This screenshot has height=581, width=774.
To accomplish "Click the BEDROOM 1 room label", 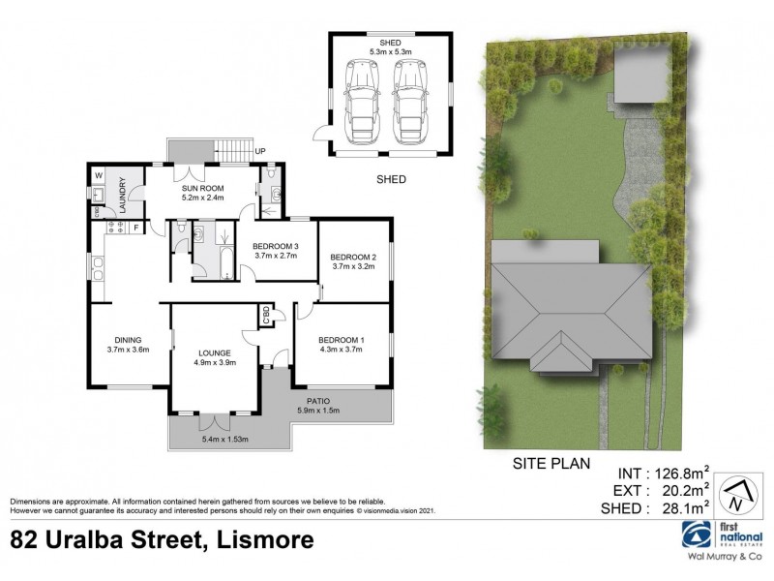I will pyautogui.click(x=341, y=340).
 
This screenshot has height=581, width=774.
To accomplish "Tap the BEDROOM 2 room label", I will pyautogui.click(x=353, y=256).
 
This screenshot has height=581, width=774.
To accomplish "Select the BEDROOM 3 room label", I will pyautogui.click(x=277, y=247).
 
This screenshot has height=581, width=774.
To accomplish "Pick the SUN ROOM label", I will pyautogui.click(x=202, y=187).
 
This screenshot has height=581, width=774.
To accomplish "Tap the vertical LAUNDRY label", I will pyautogui.click(x=123, y=195).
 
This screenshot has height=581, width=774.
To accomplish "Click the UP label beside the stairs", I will pyautogui.click(x=260, y=152).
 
